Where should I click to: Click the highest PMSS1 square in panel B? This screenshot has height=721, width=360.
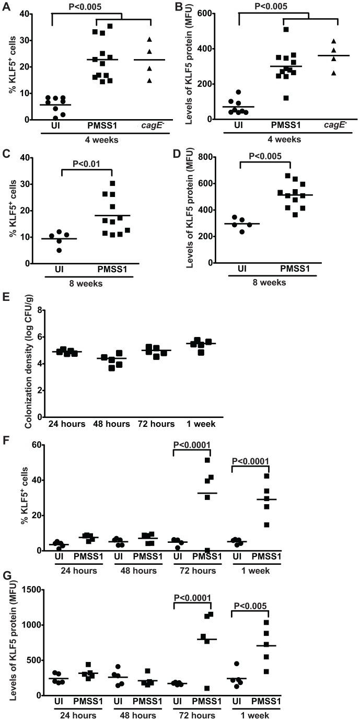coord(286,29)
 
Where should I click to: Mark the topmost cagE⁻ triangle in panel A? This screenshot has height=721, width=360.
coord(149,40)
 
